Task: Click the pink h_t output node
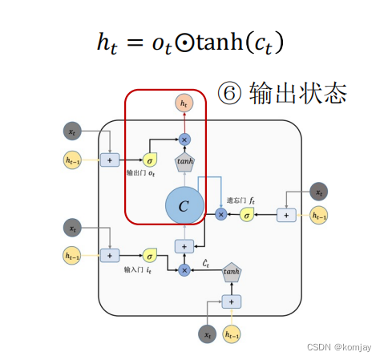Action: (184, 103)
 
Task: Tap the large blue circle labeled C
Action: (184, 206)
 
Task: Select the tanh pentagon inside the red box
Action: (184, 160)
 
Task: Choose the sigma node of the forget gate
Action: (247, 214)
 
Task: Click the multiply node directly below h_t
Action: (184, 140)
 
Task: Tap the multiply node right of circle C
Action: (221, 214)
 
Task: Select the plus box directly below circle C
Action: (184, 246)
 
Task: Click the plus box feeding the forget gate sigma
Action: (285, 214)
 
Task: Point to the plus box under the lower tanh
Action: (232, 301)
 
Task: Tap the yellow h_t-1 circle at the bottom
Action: (233, 334)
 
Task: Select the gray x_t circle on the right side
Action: (319, 192)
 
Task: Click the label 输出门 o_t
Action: (141, 173)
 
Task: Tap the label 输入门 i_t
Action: (138, 270)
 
